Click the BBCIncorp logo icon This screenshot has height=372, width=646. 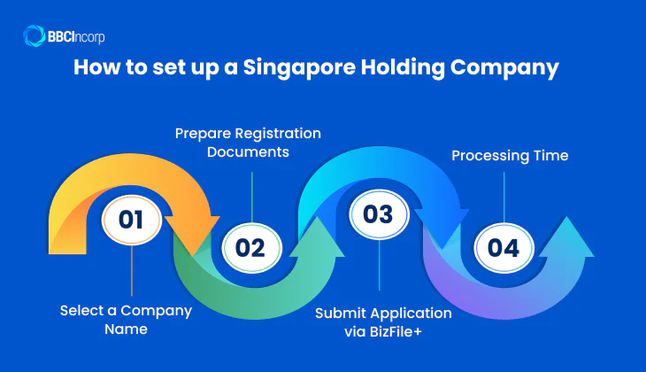(x=35, y=36)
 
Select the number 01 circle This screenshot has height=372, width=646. (x=131, y=219)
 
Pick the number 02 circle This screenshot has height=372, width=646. (x=250, y=247)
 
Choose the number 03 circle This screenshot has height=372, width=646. (x=378, y=214)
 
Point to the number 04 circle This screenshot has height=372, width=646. (x=504, y=247)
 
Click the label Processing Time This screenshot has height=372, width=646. (x=510, y=155)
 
